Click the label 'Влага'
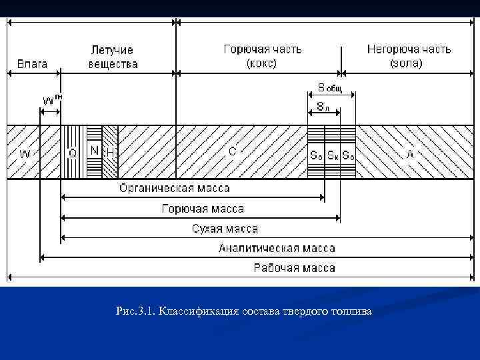(x=32, y=64)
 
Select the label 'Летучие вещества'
(x=113, y=57)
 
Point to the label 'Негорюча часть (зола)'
(x=408, y=57)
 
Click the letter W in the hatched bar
(x=25, y=154)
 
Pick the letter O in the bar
(x=73, y=153)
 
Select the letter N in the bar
(x=94, y=151)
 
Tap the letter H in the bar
(x=111, y=153)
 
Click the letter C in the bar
(x=232, y=151)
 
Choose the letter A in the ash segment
(x=410, y=153)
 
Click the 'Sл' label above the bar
(x=323, y=106)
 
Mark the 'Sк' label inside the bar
(x=332, y=155)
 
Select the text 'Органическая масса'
(x=174, y=189)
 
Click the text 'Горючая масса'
(x=203, y=209)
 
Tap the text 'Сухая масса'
(x=225, y=229)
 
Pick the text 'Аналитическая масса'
(x=277, y=248)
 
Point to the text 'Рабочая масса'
(x=294, y=268)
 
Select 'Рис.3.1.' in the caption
(x=135, y=311)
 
